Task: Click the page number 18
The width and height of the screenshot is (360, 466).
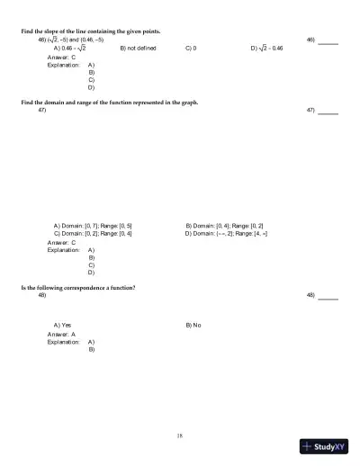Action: pos(180,435)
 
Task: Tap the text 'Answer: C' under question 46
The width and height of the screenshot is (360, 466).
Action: pos(61,58)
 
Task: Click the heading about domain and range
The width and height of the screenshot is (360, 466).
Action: pos(109,103)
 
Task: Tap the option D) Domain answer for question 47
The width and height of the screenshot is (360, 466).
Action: pos(226,233)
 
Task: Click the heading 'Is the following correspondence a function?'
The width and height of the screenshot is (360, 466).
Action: pos(78,287)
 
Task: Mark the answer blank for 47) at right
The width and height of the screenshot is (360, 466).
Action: pos(328,112)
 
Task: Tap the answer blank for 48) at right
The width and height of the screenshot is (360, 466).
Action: pos(328,297)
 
